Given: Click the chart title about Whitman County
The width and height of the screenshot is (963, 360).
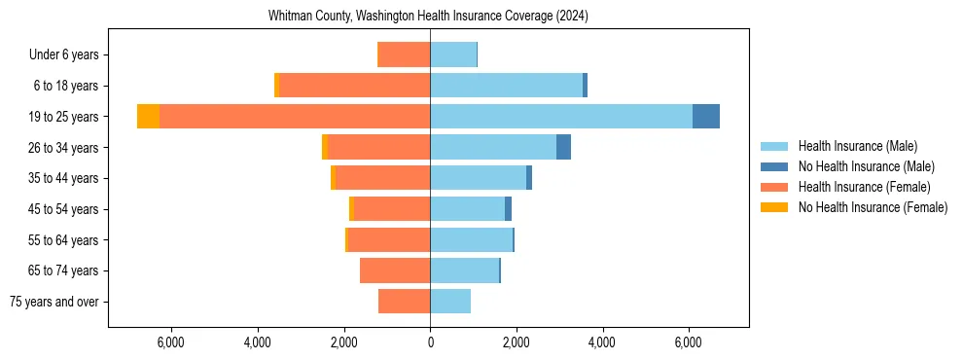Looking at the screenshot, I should (x=428, y=17).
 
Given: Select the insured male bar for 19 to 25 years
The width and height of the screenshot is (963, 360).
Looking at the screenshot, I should (x=561, y=117).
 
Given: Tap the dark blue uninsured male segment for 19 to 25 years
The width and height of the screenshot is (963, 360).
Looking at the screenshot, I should (x=706, y=117).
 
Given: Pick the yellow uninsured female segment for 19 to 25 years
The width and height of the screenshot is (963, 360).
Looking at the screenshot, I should (x=148, y=117).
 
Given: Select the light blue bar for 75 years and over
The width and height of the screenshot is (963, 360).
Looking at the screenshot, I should (x=450, y=302).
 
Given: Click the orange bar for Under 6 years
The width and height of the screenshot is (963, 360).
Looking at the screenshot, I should (x=404, y=55).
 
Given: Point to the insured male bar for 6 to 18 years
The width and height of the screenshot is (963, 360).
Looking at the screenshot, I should (x=506, y=86).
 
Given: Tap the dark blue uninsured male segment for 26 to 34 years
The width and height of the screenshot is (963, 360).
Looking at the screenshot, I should (x=563, y=148).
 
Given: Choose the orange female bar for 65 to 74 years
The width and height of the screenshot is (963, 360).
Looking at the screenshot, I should (x=395, y=270).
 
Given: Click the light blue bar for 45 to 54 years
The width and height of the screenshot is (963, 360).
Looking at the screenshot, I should (x=467, y=209).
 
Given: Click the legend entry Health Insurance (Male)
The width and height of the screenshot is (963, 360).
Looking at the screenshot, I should (x=857, y=146).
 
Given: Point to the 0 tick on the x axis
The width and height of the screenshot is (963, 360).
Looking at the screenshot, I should (x=430, y=342).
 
